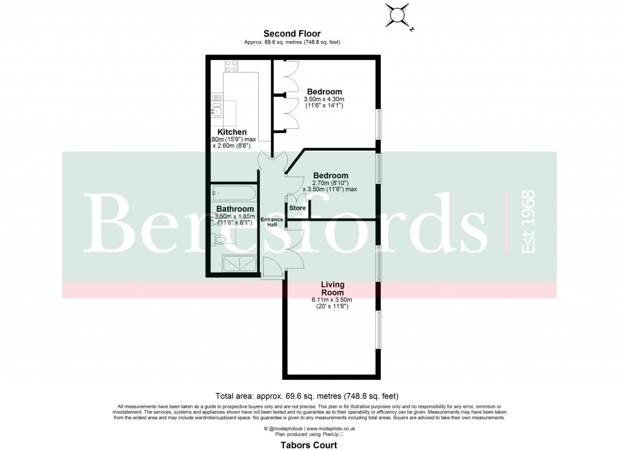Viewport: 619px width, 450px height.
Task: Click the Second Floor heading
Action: pos(291,34)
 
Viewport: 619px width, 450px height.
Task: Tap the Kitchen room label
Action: pos(232,132)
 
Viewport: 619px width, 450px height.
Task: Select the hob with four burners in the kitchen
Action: pos(232,64)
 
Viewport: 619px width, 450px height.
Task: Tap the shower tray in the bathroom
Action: pos(240,263)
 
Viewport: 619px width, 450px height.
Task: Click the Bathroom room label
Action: pos(235,209)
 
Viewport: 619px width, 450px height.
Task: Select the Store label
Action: pos(297,208)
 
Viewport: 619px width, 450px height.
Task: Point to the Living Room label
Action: pos(332,287)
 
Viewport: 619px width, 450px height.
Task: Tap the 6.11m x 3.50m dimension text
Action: pos(332,299)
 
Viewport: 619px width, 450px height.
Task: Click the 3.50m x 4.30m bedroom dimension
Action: pos(323,99)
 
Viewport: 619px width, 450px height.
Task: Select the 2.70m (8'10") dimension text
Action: pos(330,183)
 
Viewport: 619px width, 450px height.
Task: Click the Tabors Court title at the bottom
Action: pos(309,444)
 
